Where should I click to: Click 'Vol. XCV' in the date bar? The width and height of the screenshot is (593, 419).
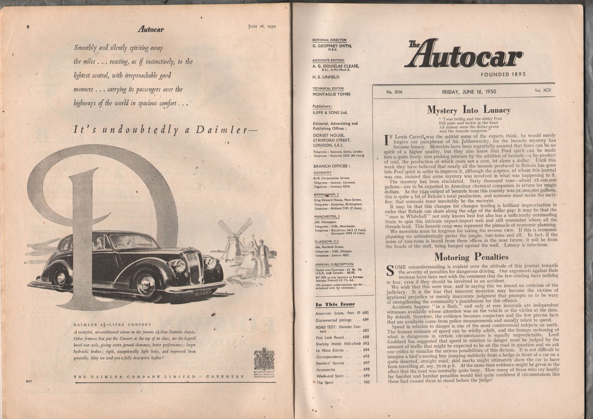pos(543,90)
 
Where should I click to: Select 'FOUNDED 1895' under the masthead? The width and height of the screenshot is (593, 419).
pos(503,74)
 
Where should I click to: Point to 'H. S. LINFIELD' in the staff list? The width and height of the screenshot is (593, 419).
pos(326,77)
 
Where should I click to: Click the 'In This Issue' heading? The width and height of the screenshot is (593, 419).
pos(335,304)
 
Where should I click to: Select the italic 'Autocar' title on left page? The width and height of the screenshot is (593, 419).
pos(151,29)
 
